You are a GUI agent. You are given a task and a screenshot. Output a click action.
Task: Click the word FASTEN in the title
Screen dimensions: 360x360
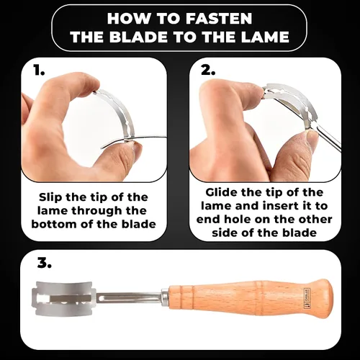coord(219,19)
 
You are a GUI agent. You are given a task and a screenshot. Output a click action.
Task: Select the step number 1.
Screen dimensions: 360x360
coord(39,71)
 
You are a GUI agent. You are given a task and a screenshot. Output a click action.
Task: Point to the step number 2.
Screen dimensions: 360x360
coord(208,71)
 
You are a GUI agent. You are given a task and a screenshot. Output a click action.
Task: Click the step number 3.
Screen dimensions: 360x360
coord(45,264)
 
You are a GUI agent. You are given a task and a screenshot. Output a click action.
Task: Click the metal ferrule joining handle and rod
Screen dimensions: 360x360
coord(165,297)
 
